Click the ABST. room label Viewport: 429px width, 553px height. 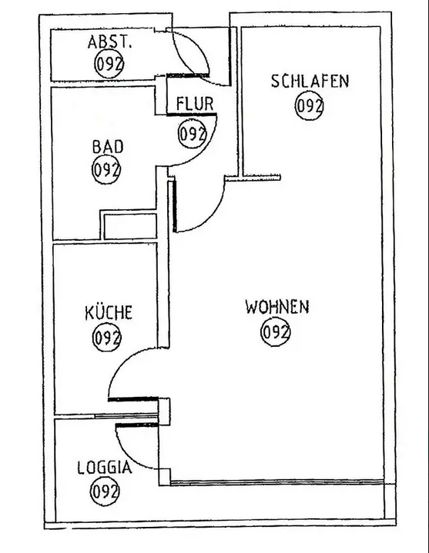109,42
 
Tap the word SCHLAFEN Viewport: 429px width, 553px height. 310,81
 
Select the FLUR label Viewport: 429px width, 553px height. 195,104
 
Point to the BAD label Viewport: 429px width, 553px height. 108,147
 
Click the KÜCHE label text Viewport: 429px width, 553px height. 109,312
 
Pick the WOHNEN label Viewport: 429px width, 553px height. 277,307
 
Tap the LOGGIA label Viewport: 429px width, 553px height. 105,468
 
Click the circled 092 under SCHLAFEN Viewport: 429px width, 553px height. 310,105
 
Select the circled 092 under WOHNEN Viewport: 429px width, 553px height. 276,331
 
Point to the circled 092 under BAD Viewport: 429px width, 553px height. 106,170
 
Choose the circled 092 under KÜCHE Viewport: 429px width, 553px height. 106,338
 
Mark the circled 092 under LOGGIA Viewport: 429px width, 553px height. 105,491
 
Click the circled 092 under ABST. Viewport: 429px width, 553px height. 109,64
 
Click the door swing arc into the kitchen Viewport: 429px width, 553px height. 122,360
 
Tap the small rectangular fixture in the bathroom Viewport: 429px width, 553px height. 130,225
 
